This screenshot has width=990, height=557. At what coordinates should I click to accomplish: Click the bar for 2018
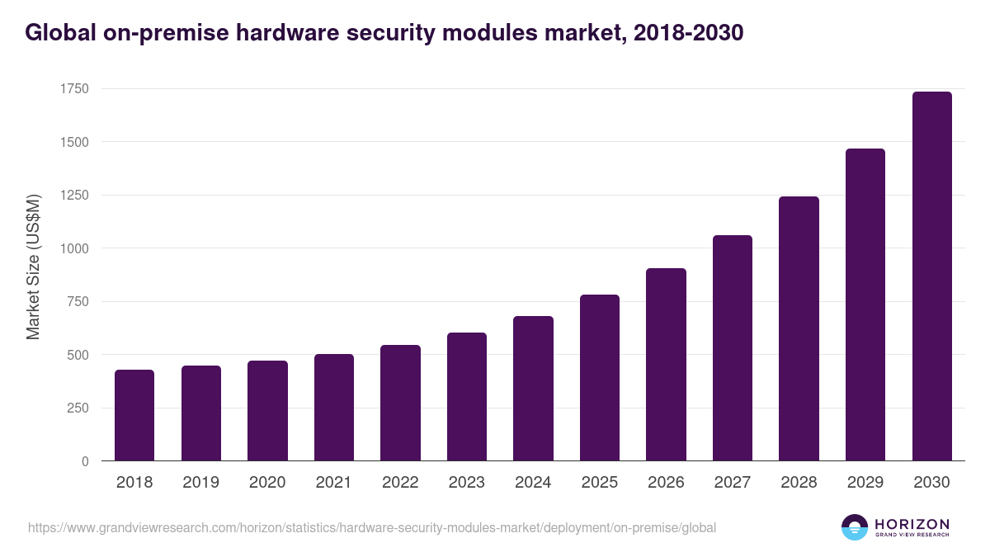[134, 415]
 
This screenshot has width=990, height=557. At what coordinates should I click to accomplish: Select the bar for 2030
[932, 276]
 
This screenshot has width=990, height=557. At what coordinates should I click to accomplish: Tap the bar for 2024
[533, 389]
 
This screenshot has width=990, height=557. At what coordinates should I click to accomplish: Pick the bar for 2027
[733, 348]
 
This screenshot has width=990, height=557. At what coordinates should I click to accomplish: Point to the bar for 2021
[334, 408]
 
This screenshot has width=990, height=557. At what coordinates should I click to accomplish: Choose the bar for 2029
[865, 304]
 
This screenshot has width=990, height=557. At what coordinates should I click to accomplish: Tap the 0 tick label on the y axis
[84, 461]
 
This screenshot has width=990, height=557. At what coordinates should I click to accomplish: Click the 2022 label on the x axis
[400, 483]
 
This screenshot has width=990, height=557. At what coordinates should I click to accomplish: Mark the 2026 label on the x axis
[666, 483]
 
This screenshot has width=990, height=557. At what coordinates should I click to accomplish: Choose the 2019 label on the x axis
[200, 483]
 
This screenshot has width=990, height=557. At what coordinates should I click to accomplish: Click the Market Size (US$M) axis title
[33, 267]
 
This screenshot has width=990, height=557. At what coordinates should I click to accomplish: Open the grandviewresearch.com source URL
[372, 527]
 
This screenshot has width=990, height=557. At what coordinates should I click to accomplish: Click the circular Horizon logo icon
[855, 527]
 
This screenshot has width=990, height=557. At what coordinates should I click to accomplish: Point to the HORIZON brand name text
[912, 524]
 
